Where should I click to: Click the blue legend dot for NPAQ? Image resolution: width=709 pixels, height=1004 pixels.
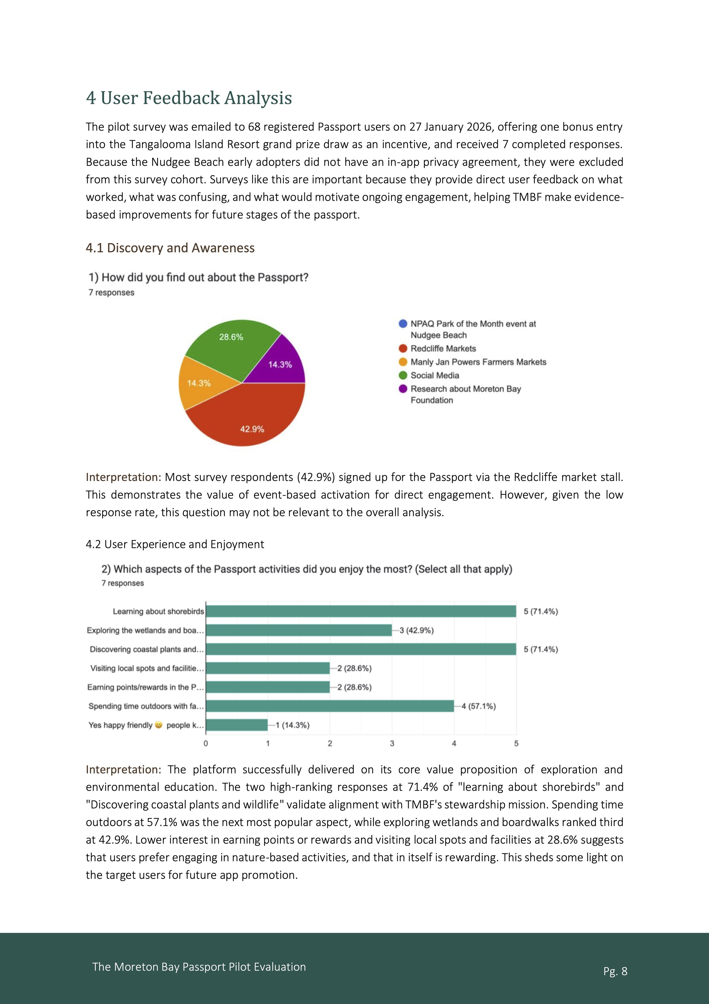pyautogui.click(x=403, y=324)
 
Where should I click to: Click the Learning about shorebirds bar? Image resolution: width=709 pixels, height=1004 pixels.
pyautogui.click(x=361, y=611)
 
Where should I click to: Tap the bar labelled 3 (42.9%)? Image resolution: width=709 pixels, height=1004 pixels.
pyautogui.click(x=299, y=630)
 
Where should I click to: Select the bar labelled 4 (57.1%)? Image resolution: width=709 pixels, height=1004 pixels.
pyautogui.click(x=330, y=706)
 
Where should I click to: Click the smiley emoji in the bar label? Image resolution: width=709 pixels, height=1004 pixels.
pyautogui.click(x=159, y=725)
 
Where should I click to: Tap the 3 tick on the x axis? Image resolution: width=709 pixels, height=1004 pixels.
pyautogui.click(x=392, y=743)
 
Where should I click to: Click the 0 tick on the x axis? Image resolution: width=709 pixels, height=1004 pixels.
pyautogui.click(x=206, y=743)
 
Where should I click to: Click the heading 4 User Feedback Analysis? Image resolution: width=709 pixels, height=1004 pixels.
pyautogui.click(x=189, y=98)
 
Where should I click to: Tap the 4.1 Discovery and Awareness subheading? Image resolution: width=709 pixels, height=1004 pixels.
pyautogui.click(x=170, y=248)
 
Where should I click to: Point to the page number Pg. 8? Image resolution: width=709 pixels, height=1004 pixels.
pyautogui.click(x=615, y=971)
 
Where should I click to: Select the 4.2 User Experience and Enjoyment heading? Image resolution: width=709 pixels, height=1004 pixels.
pyautogui.click(x=175, y=544)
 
